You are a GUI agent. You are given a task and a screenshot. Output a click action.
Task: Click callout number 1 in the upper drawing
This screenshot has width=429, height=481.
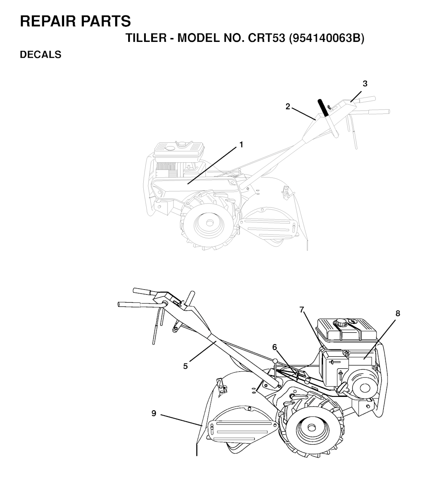[x=241, y=144]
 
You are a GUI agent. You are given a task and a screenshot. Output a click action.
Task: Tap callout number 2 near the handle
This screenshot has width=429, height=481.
[x=288, y=106]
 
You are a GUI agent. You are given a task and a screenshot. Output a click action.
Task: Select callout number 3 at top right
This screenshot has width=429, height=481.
[x=365, y=84]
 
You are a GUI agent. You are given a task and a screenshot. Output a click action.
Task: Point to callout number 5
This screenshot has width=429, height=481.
[x=185, y=366]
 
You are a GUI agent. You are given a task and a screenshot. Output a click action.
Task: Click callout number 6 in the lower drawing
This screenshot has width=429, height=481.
[x=274, y=347]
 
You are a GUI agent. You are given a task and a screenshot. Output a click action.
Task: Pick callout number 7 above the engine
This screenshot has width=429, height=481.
[x=302, y=310]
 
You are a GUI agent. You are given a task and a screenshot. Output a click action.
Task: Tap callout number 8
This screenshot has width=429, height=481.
[x=398, y=313]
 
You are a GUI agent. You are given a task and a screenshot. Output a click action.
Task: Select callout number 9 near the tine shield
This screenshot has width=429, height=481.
[x=154, y=413]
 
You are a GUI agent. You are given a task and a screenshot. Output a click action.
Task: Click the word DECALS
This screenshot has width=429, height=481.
[x=41, y=54]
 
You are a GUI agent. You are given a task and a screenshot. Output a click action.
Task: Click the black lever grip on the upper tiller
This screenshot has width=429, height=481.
[x=323, y=107]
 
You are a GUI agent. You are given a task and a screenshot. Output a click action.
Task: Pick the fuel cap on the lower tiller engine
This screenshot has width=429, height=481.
[x=341, y=323]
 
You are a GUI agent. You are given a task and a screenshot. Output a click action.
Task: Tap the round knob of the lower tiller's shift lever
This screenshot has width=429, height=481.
[x=276, y=361]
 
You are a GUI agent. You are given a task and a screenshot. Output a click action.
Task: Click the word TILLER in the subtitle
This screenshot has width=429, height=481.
[x=145, y=39]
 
